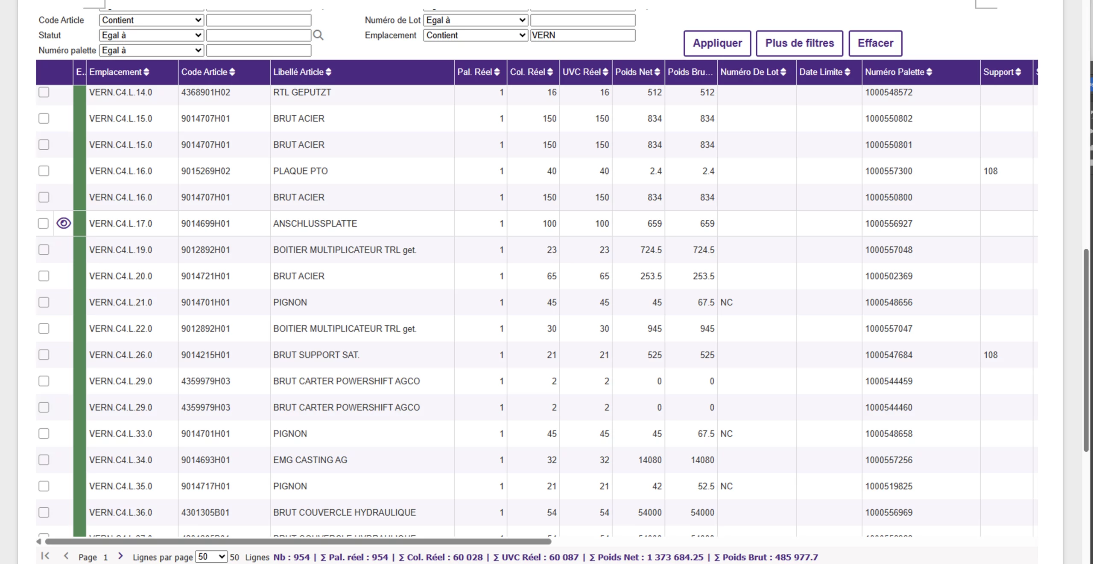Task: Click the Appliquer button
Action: pyautogui.click(x=717, y=43)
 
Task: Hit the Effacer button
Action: pyautogui.click(x=875, y=43)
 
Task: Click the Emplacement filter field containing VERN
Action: pyautogui.click(x=582, y=35)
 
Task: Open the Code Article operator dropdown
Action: pyautogui.click(x=151, y=20)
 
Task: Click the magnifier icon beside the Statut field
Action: pyautogui.click(x=318, y=35)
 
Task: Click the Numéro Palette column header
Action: pyautogui.click(x=898, y=72)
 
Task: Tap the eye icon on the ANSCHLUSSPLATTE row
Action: pyautogui.click(x=64, y=223)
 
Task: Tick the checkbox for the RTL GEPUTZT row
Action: pyautogui.click(x=44, y=92)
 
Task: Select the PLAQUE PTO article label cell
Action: pyautogui.click(x=301, y=171)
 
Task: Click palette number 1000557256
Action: pyautogui.click(x=888, y=460)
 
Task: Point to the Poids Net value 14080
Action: pyautogui.click(x=649, y=460)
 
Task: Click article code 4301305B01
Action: pyautogui.click(x=205, y=512)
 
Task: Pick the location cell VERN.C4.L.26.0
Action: pyautogui.click(x=120, y=355)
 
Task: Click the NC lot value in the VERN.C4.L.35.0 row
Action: pyautogui.click(x=726, y=486)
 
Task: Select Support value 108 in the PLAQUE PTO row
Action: pyautogui.click(x=991, y=171)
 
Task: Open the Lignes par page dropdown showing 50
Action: pyautogui.click(x=211, y=557)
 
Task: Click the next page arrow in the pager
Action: pyautogui.click(x=120, y=556)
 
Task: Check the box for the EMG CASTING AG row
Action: pyautogui.click(x=44, y=460)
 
